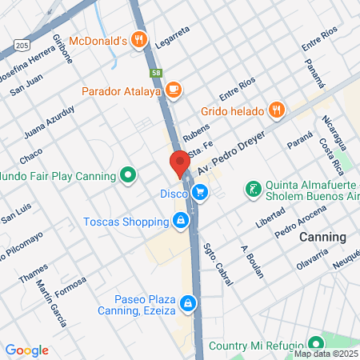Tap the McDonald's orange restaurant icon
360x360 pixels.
140,39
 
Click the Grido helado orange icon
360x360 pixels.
276,108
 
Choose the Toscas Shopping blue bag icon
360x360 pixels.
182,221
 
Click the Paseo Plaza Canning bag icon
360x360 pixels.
187,303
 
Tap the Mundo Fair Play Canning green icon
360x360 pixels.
127,174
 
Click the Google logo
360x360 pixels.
26,350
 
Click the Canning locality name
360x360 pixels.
322,238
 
